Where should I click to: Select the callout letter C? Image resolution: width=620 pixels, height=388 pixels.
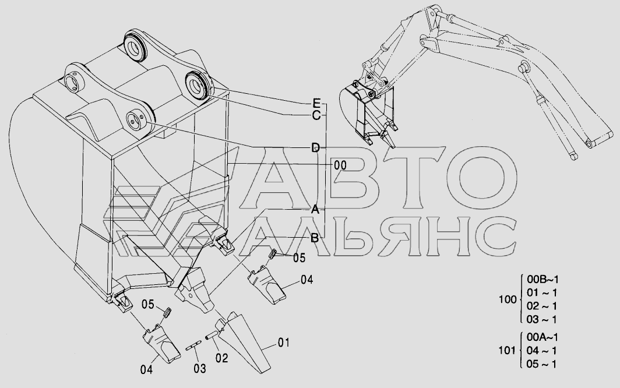tap(316, 115)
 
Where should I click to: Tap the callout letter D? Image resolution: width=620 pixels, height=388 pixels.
tap(315, 146)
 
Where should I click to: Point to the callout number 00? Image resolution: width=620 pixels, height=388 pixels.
tap(340, 165)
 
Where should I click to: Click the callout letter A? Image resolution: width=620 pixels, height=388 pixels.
tap(315, 209)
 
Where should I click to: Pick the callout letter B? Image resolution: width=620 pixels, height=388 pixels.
tap(313, 237)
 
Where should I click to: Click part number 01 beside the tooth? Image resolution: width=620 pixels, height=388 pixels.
tap(283, 343)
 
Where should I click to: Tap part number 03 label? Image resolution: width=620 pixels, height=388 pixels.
tap(200, 368)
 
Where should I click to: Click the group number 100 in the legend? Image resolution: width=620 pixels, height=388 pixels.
tap(508, 300)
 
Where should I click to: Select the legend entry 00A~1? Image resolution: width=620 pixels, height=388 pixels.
tap(542, 337)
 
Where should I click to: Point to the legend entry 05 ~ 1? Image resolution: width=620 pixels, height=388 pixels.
tap(542, 364)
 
